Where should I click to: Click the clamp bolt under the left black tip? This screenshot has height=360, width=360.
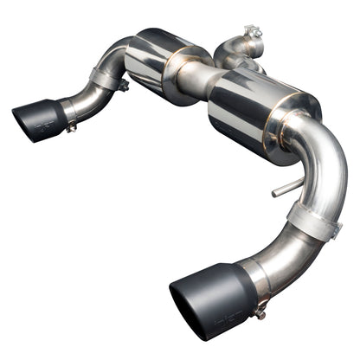(x=71, y=127)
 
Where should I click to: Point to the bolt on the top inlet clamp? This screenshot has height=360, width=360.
(x=252, y=35)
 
